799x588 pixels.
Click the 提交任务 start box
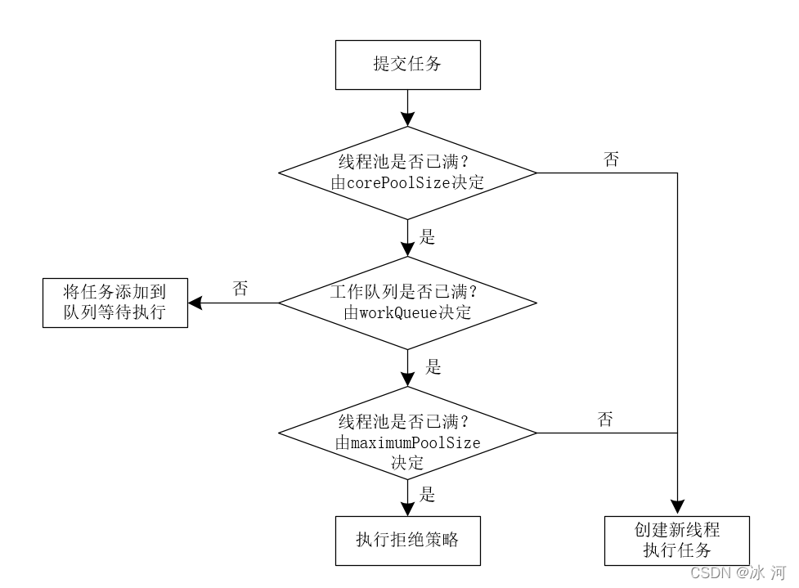point(407,65)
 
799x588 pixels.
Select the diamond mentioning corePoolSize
point(407,173)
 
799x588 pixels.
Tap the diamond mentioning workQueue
point(407,303)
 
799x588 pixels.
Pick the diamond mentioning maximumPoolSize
point(407,433)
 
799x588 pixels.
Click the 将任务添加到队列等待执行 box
point(114,303)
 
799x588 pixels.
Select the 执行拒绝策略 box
point(407,540)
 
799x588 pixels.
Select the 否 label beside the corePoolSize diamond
point(611,160)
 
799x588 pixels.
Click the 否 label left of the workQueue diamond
point(240,290)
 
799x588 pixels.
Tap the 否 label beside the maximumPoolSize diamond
point(605,420)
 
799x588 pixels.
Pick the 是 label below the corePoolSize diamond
point(427,237)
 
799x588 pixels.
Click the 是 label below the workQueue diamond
point(433,367)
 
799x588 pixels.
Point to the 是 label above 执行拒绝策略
point(427,494)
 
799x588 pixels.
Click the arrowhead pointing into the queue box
point(195,303)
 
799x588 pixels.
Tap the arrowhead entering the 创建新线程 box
point(677,508)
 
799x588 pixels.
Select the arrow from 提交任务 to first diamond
point(407,107)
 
